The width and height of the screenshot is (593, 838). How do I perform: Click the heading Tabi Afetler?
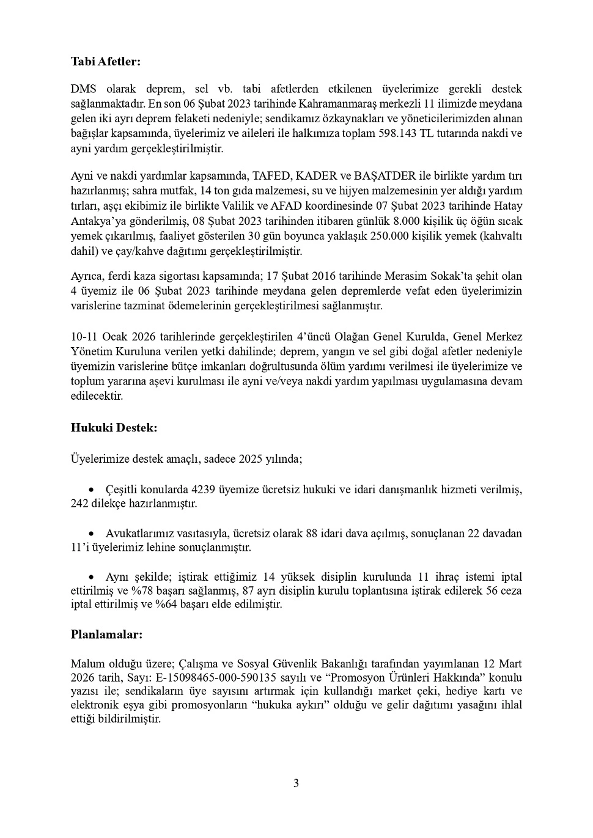106,61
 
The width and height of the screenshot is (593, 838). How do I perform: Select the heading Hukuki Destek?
114,428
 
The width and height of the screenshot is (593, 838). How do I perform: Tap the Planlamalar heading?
106,634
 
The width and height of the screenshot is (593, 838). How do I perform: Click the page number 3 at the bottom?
296,783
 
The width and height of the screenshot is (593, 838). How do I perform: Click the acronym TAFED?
268,176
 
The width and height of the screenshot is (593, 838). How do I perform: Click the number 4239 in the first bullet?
203,490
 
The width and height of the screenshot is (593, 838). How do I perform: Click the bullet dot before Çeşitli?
92,490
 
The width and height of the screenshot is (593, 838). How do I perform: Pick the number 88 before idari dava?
311,534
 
